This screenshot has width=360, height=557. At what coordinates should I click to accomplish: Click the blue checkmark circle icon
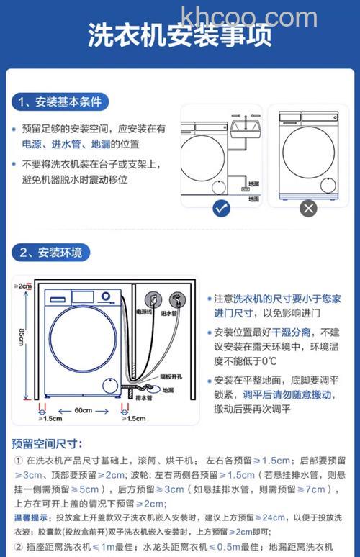222,209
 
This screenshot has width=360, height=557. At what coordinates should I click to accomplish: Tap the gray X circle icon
308,209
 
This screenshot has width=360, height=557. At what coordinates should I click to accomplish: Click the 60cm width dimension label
83,410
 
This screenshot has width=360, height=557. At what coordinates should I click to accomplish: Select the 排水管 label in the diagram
144,397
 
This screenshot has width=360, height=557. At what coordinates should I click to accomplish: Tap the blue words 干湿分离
291,332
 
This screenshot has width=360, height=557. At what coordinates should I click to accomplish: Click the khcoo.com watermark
249,16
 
